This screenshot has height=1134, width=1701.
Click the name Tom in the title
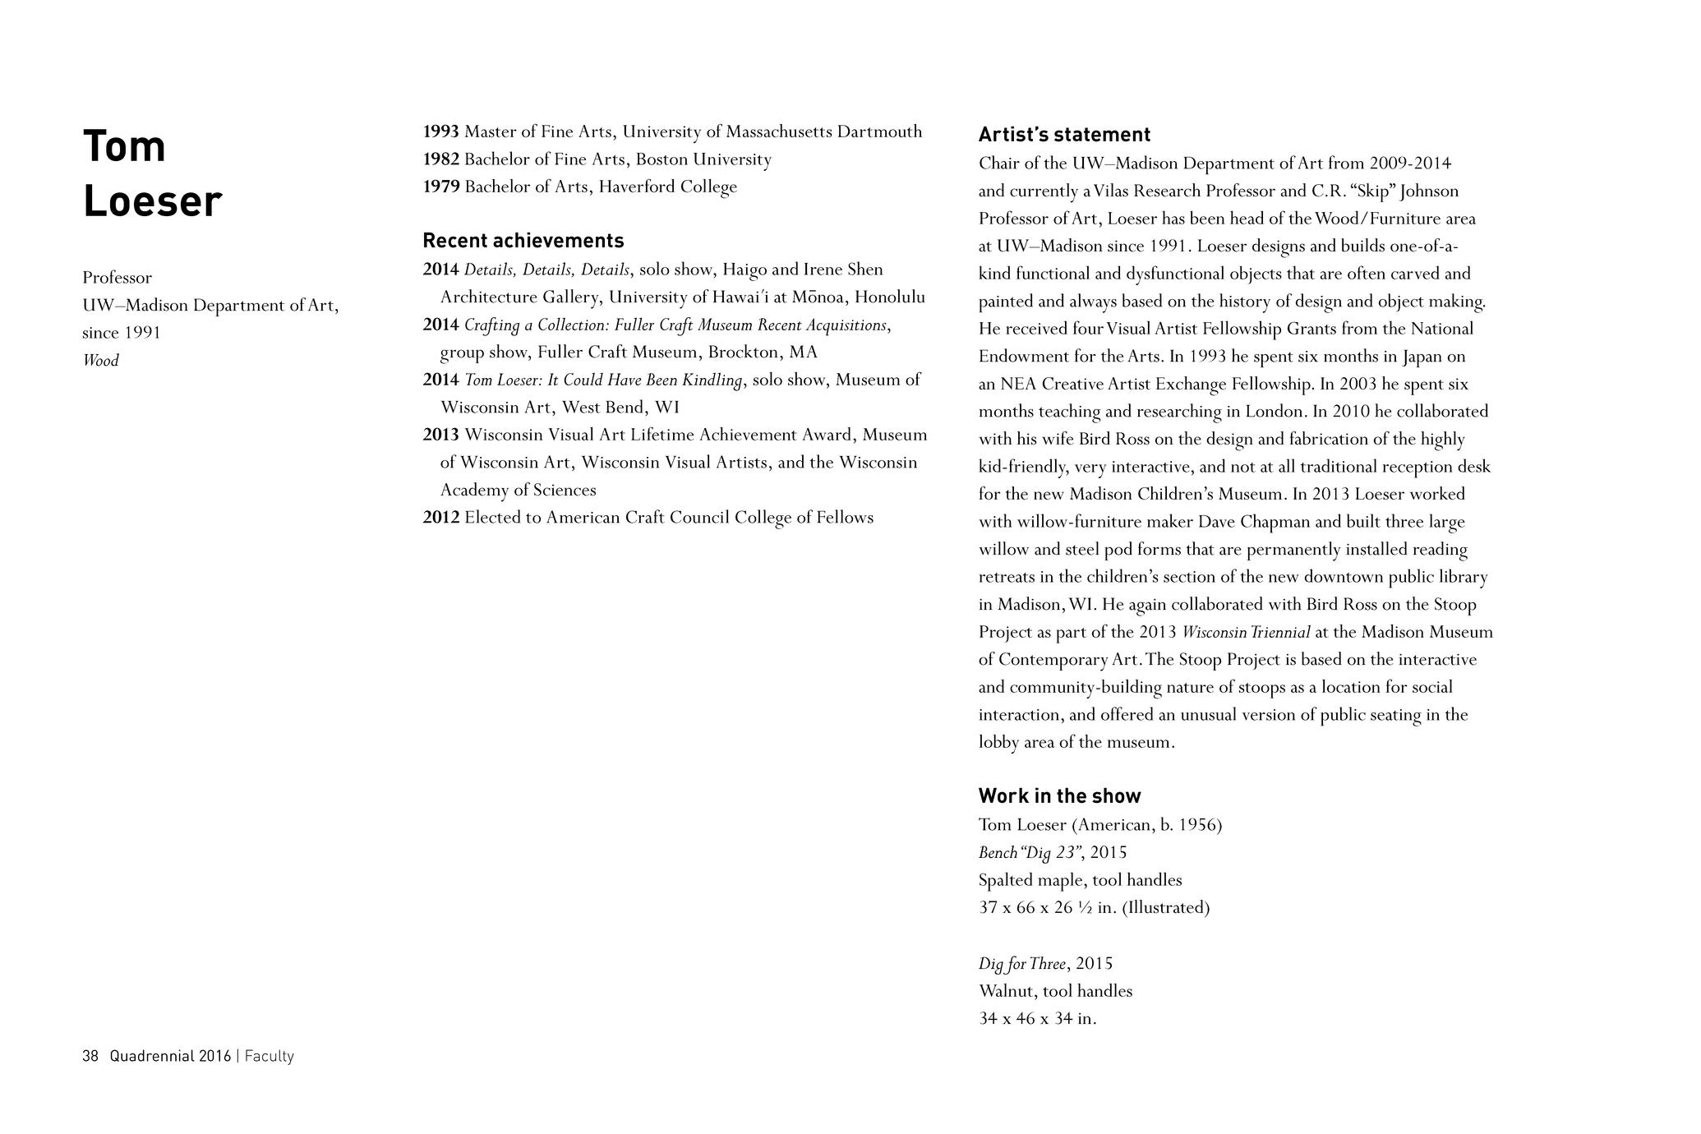pos(124,146)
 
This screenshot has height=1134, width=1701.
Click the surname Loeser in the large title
pos(152,201)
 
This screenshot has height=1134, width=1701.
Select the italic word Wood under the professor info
pos(100,361)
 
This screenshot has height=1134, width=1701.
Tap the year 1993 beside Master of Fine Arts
pos(440,131)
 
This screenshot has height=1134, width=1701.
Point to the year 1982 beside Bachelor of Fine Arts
pos(440,159)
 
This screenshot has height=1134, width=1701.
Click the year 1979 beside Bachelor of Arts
pos(440,187)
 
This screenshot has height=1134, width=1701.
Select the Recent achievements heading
pos(523,241)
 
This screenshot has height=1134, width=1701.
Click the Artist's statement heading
pos(1064,135)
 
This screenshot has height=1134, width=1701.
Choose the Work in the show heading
pos(1059,796)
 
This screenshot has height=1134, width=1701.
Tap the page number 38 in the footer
pos(90,1057)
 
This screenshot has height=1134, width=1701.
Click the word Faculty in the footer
pos(269,1057)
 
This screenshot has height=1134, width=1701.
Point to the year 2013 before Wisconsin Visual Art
pos(440,435)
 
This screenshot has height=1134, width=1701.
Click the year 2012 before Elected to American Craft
pos(440,518)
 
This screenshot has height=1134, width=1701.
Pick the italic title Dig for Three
pos(1022,964)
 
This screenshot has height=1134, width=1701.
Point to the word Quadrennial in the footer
pos(152,1057)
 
